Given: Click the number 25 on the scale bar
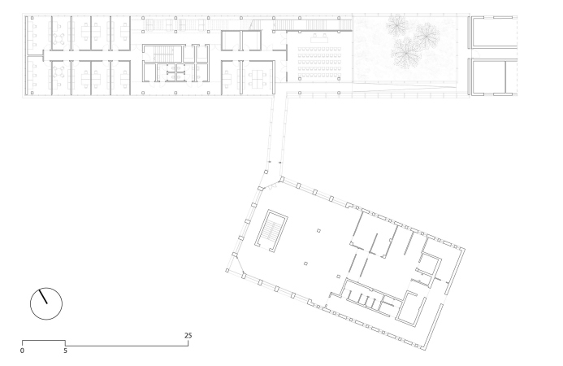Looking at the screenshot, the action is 188,335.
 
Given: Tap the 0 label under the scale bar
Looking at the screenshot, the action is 22,351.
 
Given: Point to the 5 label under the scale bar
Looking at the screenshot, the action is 65,351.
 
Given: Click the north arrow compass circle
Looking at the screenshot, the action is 46,304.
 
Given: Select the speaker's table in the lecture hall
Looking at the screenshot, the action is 319,37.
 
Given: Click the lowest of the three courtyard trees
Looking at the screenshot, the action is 405,53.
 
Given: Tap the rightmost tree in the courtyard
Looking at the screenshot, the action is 427,35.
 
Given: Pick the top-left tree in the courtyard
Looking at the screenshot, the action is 396,24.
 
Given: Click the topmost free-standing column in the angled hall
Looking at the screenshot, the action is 318,231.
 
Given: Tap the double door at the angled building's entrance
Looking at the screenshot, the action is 272,186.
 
